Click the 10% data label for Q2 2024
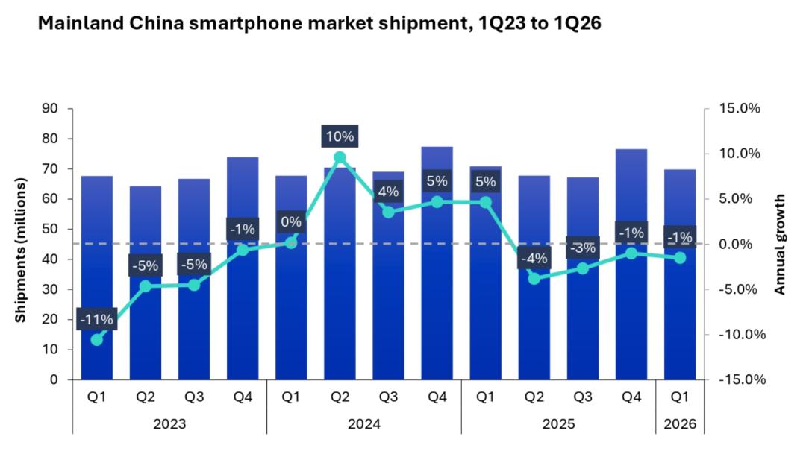pyautogui.click(x=340, y=136)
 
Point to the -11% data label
pyautogui.click(x=97, y=320)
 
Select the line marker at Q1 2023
pyautogui.click(x=97, y=340)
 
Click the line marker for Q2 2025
pyautogui.click(x=534, y=279)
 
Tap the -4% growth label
pyautogui.click(x=534, y=259)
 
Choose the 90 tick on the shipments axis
pyautogui.click(x=49, y=109)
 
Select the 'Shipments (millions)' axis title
pyautogui.click(x=21, y=251)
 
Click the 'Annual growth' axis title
pyautogui.click(x=780, y=245)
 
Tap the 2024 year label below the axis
pyautogui.click(x=364, y=424)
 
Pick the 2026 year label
pyautogui.click(x=680, y=424)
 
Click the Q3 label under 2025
pyautogui.click(x=583, y=398)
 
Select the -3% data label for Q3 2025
pyautogui.click(x=583, y=248)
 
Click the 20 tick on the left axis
pyautogui.click(x=49, y=320)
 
